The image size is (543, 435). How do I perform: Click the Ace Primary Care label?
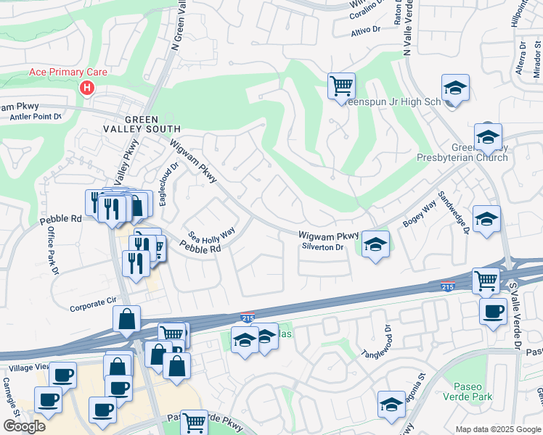(x=68, y=72)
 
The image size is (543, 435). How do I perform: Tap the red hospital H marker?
(x=87, y=88)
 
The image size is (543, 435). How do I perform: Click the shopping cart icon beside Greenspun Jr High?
(x=341, y=86)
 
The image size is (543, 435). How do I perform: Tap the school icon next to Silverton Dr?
(x=375, y=244)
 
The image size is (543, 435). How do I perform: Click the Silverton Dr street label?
(x=322, y=247)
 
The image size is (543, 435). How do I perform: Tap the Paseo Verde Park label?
(x=472, y=391)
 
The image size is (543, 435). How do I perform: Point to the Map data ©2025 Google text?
(x=497, y=429)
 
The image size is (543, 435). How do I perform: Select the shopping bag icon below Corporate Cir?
(x=126, y=318)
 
